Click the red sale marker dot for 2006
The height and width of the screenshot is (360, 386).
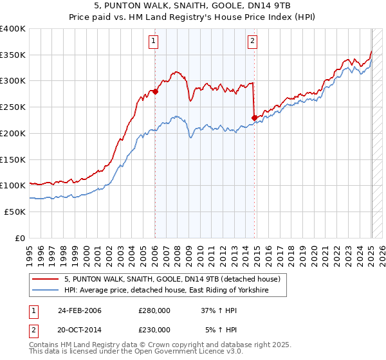click(155, 91)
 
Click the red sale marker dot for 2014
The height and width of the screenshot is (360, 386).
click(254, 117)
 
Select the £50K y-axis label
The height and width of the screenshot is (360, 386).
click(15, 212)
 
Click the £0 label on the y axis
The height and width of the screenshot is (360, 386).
click(21, 238)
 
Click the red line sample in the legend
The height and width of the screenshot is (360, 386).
click(45, 280)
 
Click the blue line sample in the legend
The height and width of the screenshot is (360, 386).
click(45, 291)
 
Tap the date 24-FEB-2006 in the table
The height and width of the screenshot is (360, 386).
click(80, 310)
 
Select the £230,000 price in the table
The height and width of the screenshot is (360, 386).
click(154, 329)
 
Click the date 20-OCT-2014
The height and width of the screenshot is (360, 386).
click(80, 329)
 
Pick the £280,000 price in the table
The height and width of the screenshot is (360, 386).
click(154, 310)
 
